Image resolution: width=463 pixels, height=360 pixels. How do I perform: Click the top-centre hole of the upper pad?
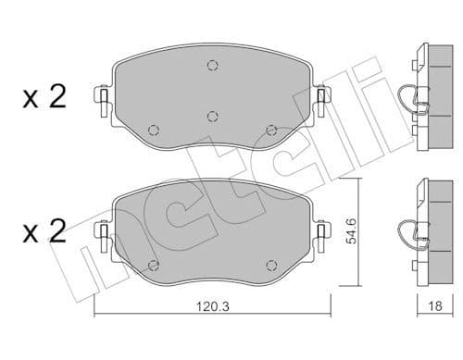[x=212, y=65]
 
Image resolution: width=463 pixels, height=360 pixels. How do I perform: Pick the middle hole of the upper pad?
[x=212, y=116]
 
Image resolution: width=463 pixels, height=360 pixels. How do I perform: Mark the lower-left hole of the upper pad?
[x=155, y=129]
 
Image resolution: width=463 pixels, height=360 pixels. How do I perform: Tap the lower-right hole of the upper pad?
[x=270, y=129]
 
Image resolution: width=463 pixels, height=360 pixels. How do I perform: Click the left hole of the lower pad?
[x=155, y=262]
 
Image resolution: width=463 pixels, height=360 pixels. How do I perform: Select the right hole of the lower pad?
[x=270, y=262]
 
